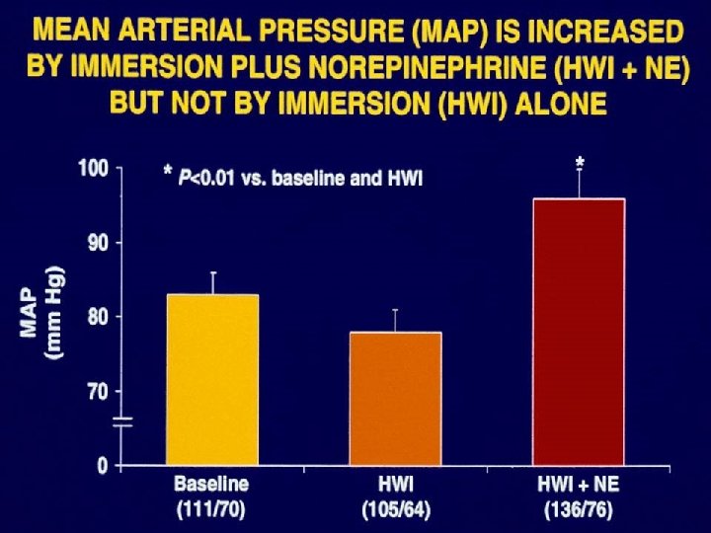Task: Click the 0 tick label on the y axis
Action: [x=103, y=465]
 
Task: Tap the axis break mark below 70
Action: [x=121, y=422]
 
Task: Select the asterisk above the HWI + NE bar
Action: [x=580, y=162]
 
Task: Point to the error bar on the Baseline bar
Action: [x=211, y=282]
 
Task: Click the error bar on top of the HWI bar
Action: [x=395, y=321]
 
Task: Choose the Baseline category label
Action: [x=211, y=485]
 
